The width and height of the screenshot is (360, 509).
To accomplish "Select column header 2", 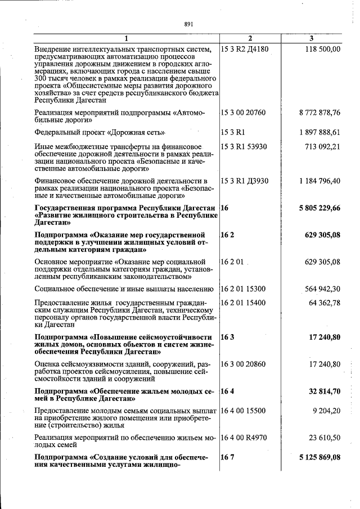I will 250,38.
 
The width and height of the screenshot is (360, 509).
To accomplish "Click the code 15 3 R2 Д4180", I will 245,49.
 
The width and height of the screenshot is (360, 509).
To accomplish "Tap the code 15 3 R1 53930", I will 244,147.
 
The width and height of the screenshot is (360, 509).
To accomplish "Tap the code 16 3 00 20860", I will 244,364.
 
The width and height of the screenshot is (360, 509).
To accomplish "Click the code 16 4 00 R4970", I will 244,437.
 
